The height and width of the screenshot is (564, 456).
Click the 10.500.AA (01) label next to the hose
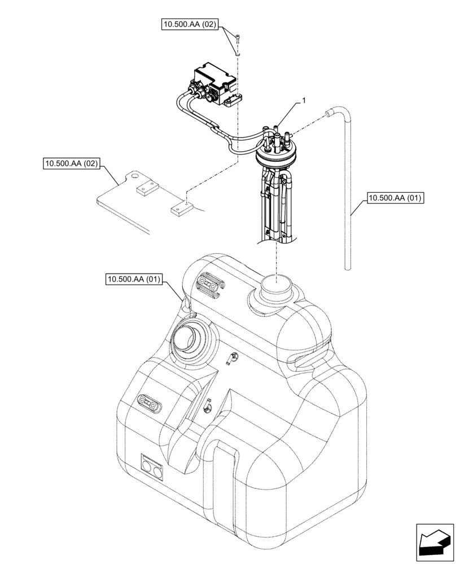coord(395,198)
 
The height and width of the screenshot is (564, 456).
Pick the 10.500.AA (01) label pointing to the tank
coord(134,279)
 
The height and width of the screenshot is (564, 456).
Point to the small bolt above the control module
coord(237,39)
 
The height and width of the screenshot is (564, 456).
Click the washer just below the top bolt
coord(237,52)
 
